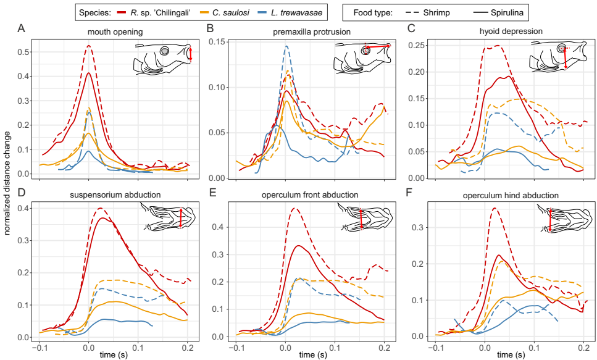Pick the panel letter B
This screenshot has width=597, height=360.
coord(209,28)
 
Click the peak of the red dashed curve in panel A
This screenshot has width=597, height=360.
coord(89,46)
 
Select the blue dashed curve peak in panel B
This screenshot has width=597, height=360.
coord(286,46)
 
